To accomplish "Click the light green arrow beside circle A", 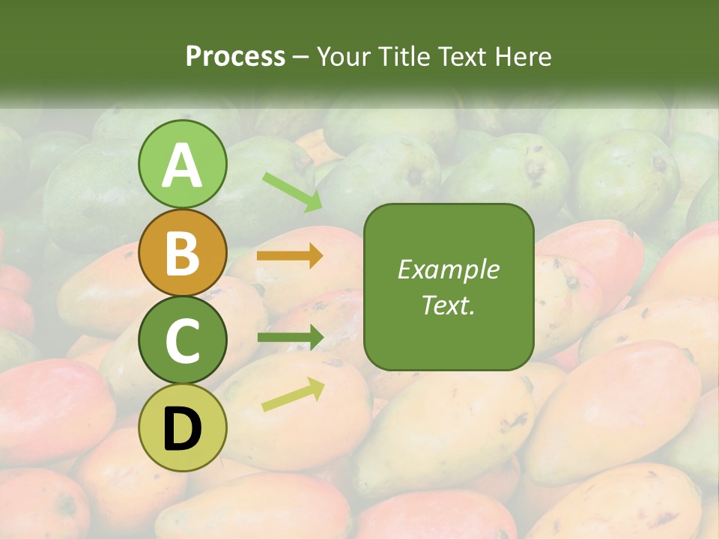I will click(292, 192).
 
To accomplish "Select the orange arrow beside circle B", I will click(290, 255).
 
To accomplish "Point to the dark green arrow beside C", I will click(290, 338).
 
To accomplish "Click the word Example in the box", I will click(449, 269).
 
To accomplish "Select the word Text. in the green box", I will click(449, 305).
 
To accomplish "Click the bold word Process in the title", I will click(235, 56).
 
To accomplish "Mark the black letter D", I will click(183, 428).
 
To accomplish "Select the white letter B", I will click(183, 253).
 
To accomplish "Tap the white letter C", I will click(183, 341).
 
